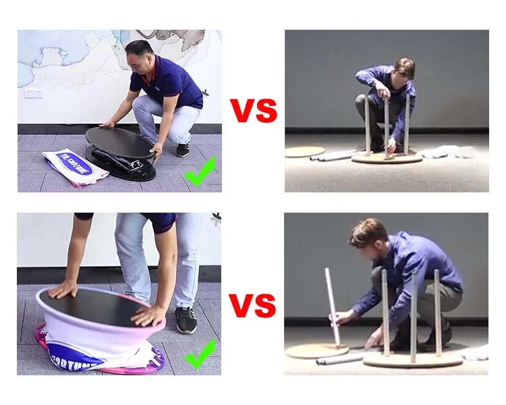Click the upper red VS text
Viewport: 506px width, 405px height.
tap(253, 111)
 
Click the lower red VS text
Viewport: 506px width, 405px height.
tap(252, 305)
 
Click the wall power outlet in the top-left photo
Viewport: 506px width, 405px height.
tap(33, 92)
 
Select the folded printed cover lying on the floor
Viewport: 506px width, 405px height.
tap(75, 166)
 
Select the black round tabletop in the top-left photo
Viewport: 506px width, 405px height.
tap(120, 142)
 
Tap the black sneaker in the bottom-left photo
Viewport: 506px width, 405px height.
tap(186, 320)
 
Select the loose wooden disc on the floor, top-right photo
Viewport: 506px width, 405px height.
tap(304, 152)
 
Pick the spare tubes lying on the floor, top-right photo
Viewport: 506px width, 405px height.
tap(332, 157)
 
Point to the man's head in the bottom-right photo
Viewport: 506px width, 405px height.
tap(368, 234)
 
